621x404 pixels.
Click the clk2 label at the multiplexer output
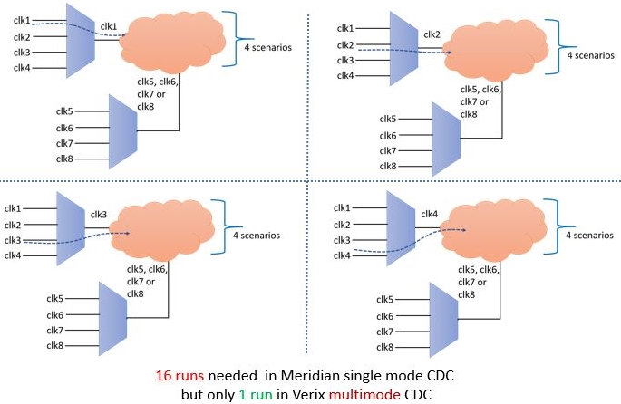point(432,35)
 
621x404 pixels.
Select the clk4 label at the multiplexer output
point(431,214)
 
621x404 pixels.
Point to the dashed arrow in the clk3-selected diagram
point(77,239)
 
